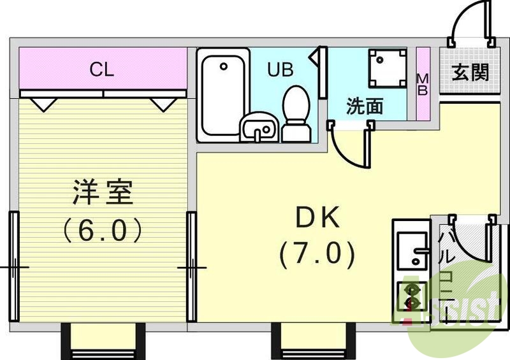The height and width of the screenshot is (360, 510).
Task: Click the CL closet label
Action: point(101,69)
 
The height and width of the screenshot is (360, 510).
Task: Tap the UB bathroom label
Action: point(280,69)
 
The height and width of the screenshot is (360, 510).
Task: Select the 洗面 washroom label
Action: point(365,106)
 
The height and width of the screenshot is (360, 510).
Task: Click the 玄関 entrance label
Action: point(470,73)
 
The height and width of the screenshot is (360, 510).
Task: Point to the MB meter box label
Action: point(422,84)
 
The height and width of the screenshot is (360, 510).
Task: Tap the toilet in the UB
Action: point(295,113)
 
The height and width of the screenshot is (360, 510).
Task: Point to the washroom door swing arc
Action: point(352,148)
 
